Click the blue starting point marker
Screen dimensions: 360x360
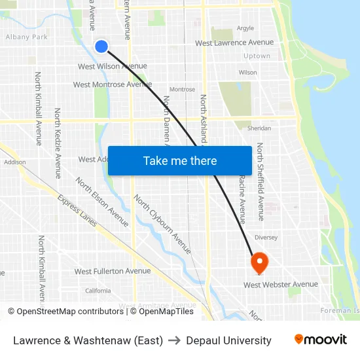click(101, 46)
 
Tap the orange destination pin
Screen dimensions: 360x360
click(259, 263)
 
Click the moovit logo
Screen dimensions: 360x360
click(320, 340)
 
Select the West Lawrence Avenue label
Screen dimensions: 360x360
click(234, 43)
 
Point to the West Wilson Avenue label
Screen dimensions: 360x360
click(112, 66)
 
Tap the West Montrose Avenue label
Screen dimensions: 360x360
click(112, 84)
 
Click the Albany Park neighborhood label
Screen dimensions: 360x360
click(27, 37)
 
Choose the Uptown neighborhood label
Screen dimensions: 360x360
click(257, 56)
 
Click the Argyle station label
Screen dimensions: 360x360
click(245, 28)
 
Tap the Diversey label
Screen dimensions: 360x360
click(266, 238)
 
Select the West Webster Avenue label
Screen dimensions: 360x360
click(281, 285)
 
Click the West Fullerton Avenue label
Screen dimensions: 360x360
click(112, 271)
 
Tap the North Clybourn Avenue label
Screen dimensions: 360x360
click(162, 225)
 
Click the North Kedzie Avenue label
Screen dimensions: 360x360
click(58, 143)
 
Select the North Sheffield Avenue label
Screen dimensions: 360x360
click(260, 181)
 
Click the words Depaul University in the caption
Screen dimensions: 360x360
click(228, 340)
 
